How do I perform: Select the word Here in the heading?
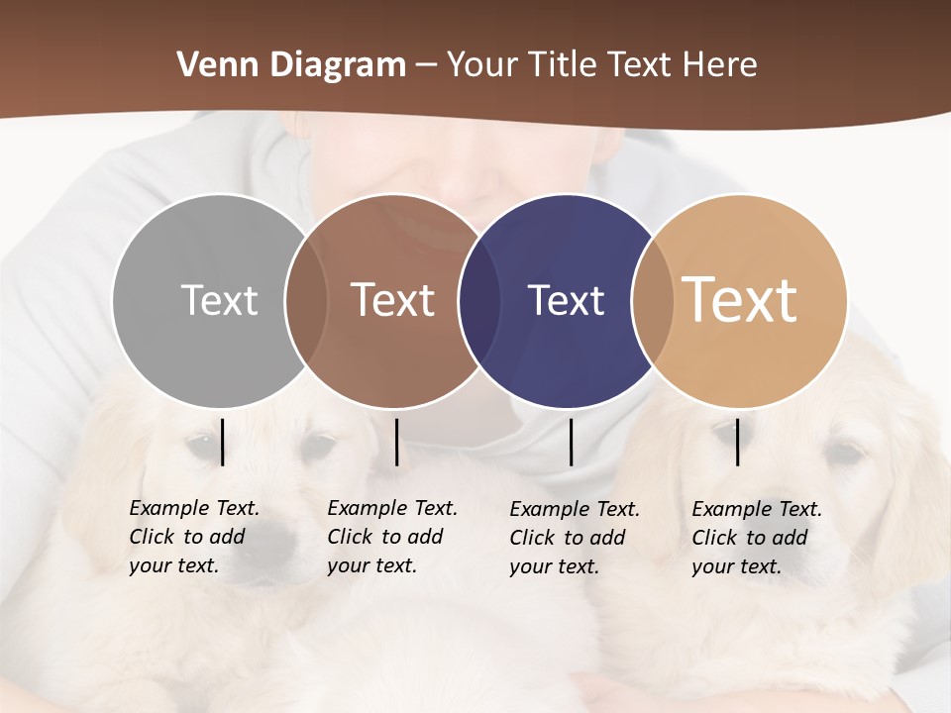pyautogui.click(x=720, y=64)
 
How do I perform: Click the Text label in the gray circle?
pyautogui.click(x=219, y=300)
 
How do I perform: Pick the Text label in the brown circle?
pyautogui.click(x=392, y=300)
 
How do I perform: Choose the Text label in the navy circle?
pyautogui.click(x=566, y=300)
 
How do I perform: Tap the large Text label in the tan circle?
pyautogui.click(x=740, y=300)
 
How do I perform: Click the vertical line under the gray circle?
pyautogui.click(x=223, y=442)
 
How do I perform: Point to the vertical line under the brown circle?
pyautogui.click(x=396, y=442)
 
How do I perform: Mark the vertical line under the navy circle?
pyautogui.click(x=571, y=442)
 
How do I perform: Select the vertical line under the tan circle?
pyautogui.click(x=738, y=442)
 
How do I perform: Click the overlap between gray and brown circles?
pyautogui.click(x=306, y=300)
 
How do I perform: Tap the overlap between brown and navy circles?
pyautogui.click(x=479, y=300)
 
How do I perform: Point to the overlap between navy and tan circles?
pyautogui.click(x=653, y=300)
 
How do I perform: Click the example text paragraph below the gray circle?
pyautogui.click(x=193, y=537)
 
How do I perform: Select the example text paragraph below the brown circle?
pyautogui.click(x=391, y=537)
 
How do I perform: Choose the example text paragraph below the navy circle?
pyautogui.click(x=574, y=538)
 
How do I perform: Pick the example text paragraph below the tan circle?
pyautogui.click(x=756, y=538)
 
